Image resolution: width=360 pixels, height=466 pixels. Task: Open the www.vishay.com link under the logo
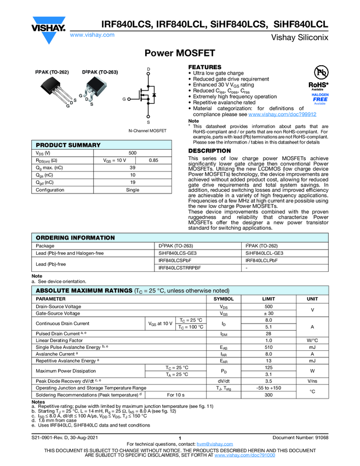tap(92, 35)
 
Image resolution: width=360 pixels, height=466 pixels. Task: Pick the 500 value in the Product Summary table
tap(133, 152)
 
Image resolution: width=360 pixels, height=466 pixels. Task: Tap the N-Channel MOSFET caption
tap(147, 132)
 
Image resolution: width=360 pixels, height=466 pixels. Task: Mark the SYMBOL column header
tap(224, 299)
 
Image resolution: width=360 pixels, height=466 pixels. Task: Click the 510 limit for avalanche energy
tap(268, 347)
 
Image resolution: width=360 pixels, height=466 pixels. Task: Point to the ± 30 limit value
tap(268, 314)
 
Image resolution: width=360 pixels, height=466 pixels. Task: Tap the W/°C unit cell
tap(312, 340)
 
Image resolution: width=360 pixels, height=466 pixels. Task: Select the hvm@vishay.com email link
tap(211, 444)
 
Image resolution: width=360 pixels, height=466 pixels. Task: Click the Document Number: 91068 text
tap(300, 437)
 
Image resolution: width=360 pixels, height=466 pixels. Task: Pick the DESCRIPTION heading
tap(209, 151)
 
